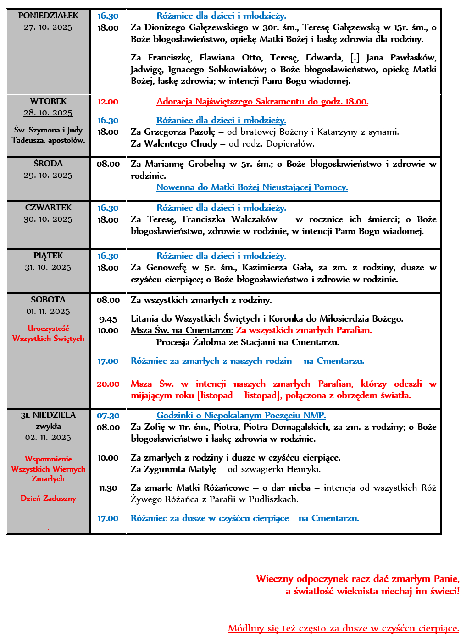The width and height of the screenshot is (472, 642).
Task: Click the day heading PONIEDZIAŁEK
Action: point(48,16)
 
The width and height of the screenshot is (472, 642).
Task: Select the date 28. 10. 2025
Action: point(48,113)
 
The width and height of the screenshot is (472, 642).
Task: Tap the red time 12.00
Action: point(108,102)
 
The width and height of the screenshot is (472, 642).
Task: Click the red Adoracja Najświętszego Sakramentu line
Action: point(262,102)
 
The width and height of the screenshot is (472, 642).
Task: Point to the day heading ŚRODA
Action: point(48,164)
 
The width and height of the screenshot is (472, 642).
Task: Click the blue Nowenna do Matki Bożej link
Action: point(252,187)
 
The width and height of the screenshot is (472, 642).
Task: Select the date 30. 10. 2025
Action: point(48,219)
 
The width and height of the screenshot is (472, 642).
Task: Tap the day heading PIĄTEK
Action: point(48,256)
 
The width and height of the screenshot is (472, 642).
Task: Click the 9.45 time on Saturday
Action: point(108,319)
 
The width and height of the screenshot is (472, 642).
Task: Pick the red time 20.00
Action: point(108,384)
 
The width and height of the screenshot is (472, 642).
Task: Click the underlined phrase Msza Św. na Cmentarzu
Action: point(182,330)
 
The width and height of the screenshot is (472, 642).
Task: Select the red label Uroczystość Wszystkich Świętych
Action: point(48,334)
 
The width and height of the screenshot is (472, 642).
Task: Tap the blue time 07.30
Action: point(108,416)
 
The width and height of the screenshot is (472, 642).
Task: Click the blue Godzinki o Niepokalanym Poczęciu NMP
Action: point(241,416)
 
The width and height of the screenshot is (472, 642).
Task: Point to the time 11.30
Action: point(108,488)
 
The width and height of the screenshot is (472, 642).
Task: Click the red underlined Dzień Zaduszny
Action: point(48,499)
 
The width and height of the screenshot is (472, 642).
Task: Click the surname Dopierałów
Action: point(292,144)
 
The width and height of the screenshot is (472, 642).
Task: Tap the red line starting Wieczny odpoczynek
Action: point(357,579)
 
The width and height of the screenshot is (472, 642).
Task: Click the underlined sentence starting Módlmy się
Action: point(344,628)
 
